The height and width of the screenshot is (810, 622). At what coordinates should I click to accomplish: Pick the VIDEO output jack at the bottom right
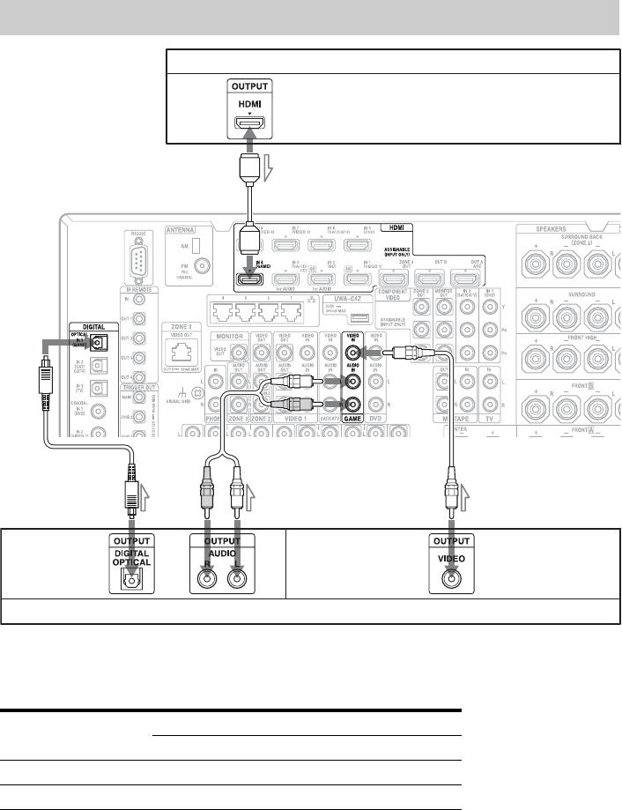click(x=450, y=579)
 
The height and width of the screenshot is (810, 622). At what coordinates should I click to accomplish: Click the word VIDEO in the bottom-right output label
click(x=450, y=557)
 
